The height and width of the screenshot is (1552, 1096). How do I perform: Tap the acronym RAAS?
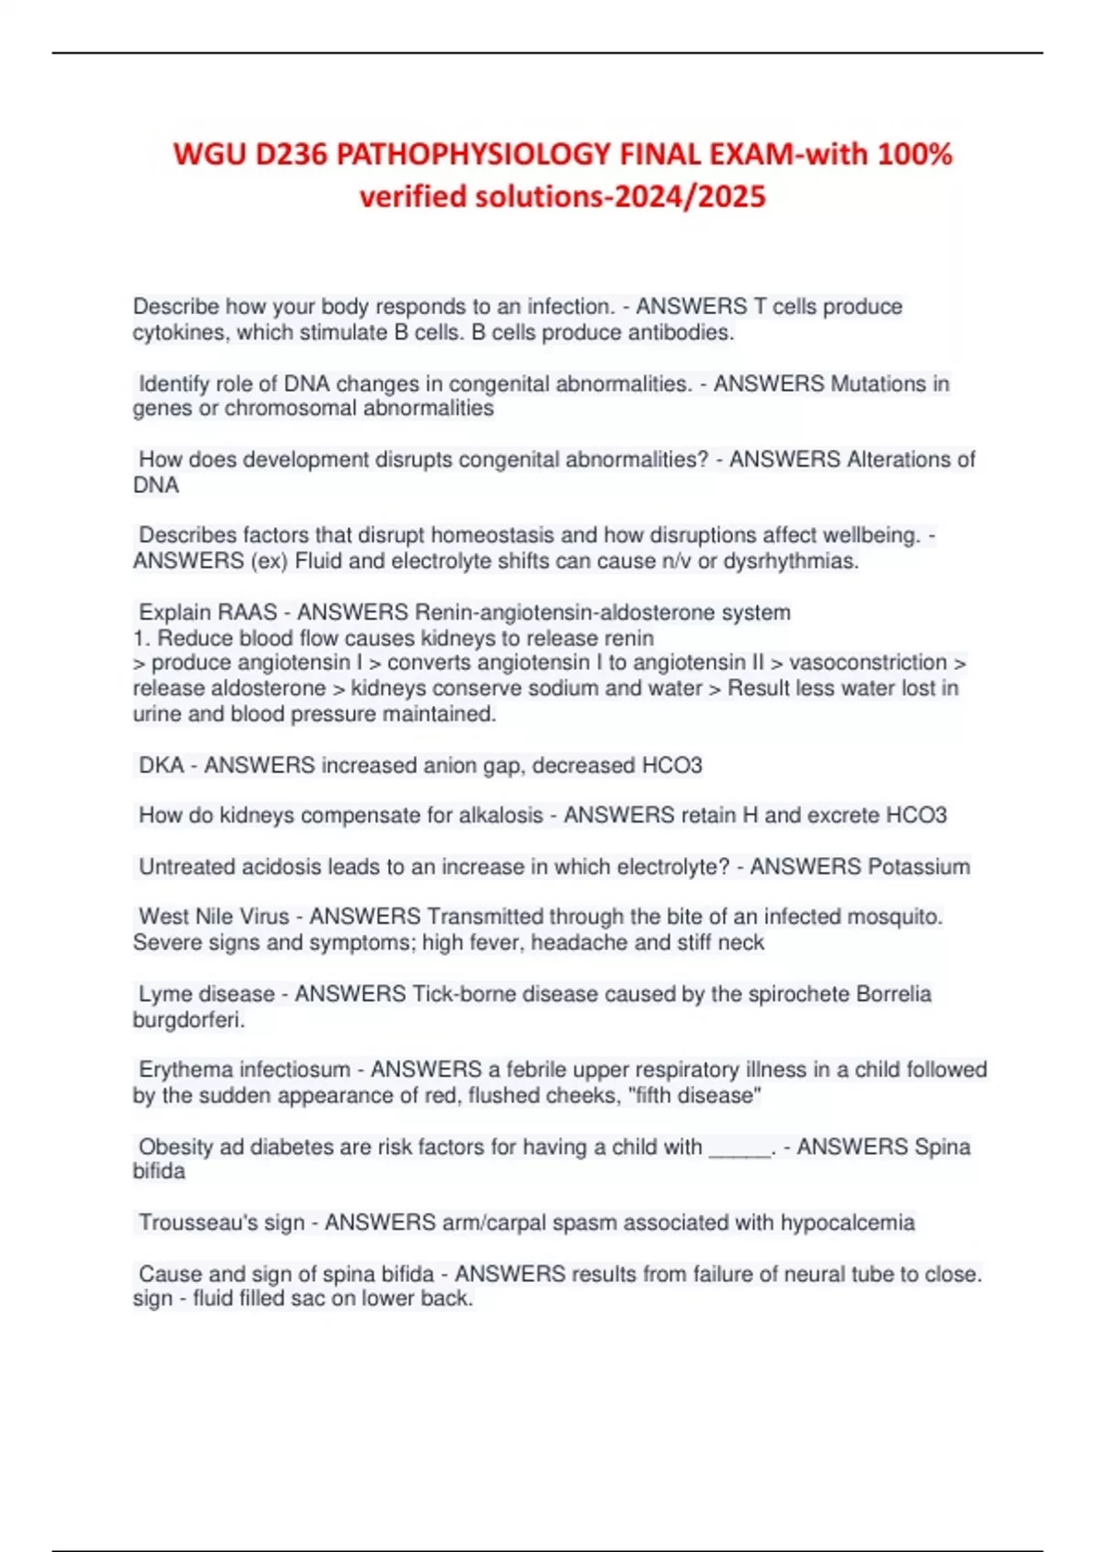248,612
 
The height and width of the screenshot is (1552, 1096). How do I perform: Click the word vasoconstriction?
868,662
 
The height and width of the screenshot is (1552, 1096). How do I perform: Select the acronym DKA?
162,765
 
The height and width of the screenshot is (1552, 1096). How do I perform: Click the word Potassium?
919,866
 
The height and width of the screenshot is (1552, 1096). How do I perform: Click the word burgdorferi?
188,1020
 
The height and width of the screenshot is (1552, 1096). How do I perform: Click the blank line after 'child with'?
741,1148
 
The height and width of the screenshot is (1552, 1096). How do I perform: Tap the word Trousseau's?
222,1222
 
